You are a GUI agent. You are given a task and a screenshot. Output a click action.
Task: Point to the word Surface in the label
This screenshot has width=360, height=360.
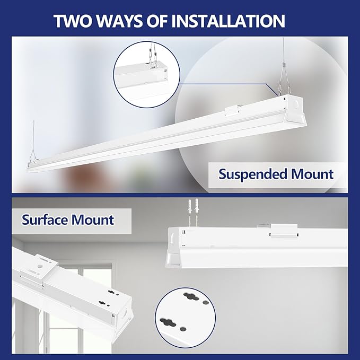pyautogui.click(x=45, y=219)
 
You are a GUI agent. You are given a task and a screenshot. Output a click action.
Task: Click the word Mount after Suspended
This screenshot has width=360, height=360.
pyautogui.click(x=309, y=174)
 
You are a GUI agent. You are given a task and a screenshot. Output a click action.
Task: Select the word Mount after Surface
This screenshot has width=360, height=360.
pyautogui.click(x=93, y=220)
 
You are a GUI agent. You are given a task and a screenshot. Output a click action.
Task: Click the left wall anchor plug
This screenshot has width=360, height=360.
pyautogui.click(x=190, y=206)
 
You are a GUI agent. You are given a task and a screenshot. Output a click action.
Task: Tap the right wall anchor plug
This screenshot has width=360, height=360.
pyautogui.click(x=196, y=206)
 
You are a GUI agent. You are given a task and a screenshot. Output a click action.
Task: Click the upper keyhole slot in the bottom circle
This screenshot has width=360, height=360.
pyautogui.click(x=191, y=296)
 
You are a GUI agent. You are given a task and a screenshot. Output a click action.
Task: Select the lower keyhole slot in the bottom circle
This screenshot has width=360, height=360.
pyautogui.click(x=168, y=322)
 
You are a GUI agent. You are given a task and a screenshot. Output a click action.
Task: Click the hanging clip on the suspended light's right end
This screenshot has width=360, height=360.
pyautogui.click(x=283, y=87)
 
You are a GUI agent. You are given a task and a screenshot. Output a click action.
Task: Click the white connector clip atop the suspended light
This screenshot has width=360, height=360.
pyautogui.click(x=232, y=111)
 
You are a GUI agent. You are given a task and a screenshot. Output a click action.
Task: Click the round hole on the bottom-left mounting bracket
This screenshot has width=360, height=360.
pyautogui.click(x=40, y=267)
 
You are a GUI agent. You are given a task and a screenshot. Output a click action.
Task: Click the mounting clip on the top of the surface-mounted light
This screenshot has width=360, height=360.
pyautogui.click(x=284, y=231)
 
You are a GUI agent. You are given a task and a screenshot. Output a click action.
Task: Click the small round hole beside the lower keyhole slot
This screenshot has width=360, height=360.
pyautogui.click(x=183, y=329)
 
